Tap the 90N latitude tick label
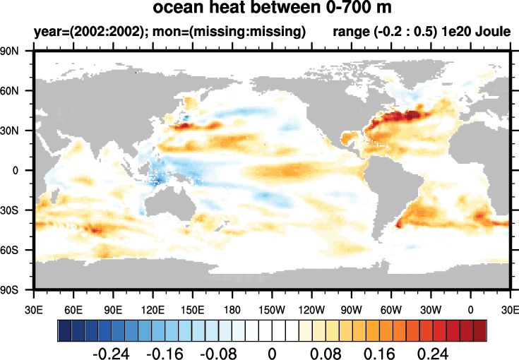point(18,52)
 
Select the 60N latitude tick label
point(18,91)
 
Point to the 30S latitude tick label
point(18,210)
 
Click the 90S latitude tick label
point(18,289)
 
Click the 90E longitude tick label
point(114,310)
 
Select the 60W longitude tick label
point(391,310)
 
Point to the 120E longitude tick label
point(153,310)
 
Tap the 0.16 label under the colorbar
point(376,351)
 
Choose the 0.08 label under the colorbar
point(323,351)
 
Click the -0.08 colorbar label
point(219,351)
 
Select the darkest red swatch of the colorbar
point(479,330)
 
